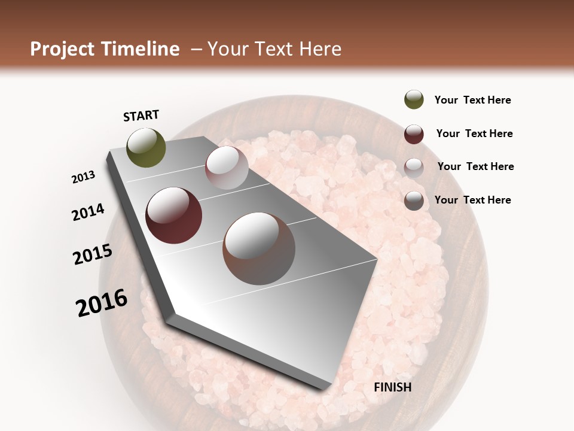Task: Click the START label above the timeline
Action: point(141,116)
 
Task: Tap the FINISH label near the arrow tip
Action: point(393,387)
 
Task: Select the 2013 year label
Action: point(84,177)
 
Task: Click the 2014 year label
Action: point(88,212)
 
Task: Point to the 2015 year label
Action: point(93,254)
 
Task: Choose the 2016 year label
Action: point(102,303)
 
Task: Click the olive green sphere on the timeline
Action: point(146,148)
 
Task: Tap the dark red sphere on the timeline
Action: point(174,215)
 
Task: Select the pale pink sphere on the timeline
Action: point(227,168)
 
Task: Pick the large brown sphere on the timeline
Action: point(259,248)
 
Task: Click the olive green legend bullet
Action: point(414,100)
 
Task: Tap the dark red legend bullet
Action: point(414,134)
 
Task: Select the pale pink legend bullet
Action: point(414,167)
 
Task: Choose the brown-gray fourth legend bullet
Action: point(414,201)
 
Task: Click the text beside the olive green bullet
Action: point(472,101)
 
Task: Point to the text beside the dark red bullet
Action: point(474,133)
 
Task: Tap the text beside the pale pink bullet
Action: point(475,166)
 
